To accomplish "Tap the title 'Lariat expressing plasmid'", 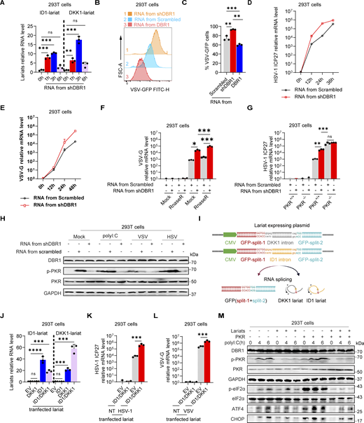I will [x=288, y=219].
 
